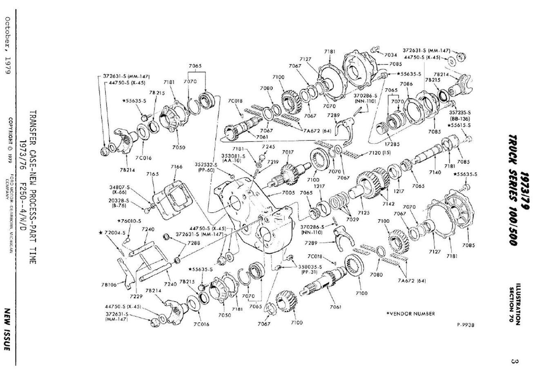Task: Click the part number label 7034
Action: pos(390,55)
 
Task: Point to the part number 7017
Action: pos(288,152)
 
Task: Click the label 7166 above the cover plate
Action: pos(176,167)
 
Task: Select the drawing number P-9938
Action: pos(465,325)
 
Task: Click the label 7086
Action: pos(406,84)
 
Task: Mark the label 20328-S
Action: pos(119,201)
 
